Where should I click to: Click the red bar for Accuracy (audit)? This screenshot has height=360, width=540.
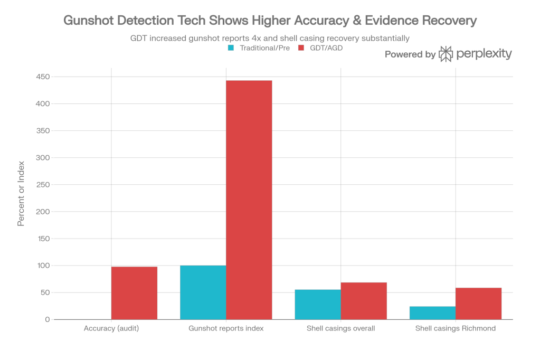tap(134, 293)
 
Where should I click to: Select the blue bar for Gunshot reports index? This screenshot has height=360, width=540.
tap(203, 292)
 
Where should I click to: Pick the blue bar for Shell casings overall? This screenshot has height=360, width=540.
tap(317, 305)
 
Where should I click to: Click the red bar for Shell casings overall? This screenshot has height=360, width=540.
tap(364, 301)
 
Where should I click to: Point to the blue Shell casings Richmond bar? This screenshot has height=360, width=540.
tap(432, 312)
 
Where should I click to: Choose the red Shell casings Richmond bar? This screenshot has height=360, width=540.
tap(478, 304)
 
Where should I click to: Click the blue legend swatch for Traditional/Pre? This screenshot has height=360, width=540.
tap(231, 48)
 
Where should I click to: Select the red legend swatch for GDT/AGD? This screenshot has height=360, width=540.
tap(302, 48)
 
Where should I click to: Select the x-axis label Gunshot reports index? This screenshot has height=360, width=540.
tap(226, 328)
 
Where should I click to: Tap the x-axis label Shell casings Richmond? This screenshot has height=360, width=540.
tap(455, 328)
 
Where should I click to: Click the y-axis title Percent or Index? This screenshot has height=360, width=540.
tap(22, 198)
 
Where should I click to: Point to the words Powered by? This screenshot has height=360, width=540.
tap(410, 54)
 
